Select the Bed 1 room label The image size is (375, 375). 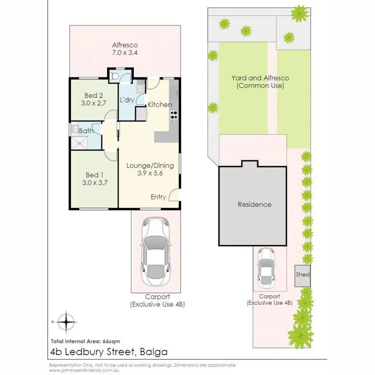pos(93,175)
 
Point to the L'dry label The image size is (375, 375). pos(127,100)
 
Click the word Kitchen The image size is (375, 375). pos(160,105)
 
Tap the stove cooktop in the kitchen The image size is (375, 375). pos(174,116)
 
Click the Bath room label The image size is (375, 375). pos(86,131)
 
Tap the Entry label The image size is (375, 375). pos(158,197)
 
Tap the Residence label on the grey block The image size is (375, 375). pos(255,205)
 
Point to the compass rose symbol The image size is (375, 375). pos(66,322)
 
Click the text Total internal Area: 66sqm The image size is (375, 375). pos(85,341)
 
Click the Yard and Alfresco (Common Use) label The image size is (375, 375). pos(260,82)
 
